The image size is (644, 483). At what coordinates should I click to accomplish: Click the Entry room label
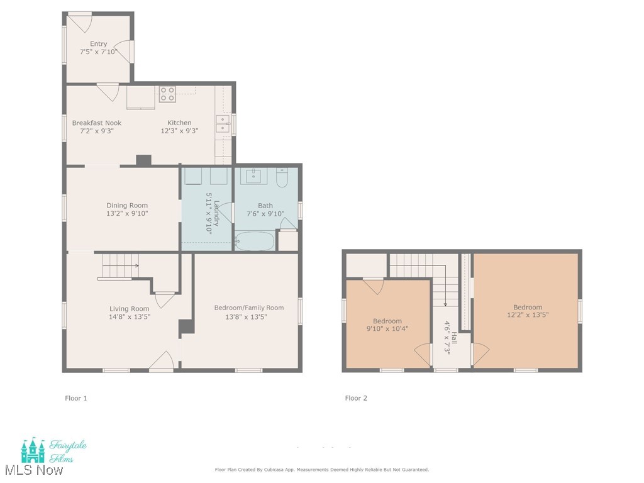(x=98, y=44)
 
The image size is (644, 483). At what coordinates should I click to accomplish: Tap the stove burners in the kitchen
(x=167, y=94)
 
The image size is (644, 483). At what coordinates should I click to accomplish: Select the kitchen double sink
(x=223, y=124)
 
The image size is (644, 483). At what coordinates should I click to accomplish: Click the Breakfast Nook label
(x=96, y=123)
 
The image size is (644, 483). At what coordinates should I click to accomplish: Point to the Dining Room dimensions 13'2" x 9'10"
(x=127, y=214)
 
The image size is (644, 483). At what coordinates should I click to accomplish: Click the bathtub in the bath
(x=255, y=241)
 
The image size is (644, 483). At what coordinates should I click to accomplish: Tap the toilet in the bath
(x=282, y=178)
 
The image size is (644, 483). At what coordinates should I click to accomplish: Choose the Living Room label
(x=129, y=309)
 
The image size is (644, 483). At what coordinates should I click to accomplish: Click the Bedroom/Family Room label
(x=248, y=308)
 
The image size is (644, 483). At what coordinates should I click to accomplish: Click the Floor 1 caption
(x=76, y=398)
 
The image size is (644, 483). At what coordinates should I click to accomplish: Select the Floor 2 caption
(x=356, y=398)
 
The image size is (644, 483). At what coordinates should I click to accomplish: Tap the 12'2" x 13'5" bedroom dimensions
(x=527, y=315)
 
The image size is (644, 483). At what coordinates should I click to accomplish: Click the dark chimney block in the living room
(x=186, y=327)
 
